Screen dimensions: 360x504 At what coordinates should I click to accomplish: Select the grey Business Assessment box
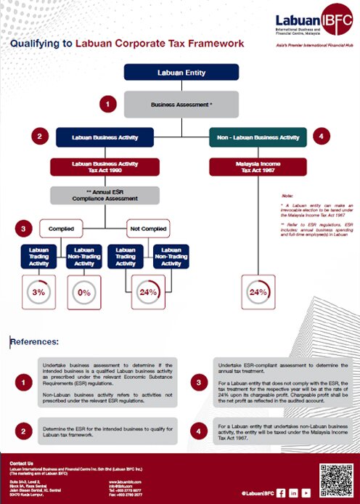point(181,105)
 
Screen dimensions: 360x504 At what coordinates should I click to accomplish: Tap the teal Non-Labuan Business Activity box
point(258,137)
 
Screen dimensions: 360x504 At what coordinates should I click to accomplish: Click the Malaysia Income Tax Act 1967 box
point(258,167)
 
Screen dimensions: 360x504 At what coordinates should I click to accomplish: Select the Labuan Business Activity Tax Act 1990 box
point(104,167)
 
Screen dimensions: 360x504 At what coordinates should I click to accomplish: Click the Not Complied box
point(147,228)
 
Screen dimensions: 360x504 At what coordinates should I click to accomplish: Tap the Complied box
point(61,228)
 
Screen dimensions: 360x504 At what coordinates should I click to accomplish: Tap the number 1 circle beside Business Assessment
point(109,105)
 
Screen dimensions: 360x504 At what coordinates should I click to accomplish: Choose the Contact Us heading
point(22,463)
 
